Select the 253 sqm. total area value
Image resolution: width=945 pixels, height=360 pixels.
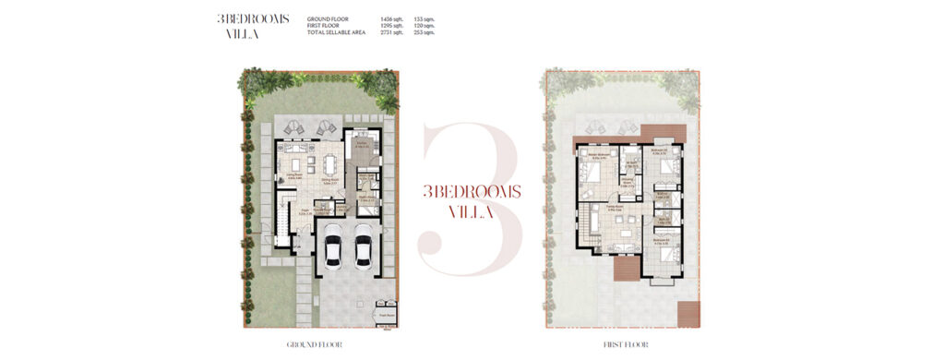(424, 31)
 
